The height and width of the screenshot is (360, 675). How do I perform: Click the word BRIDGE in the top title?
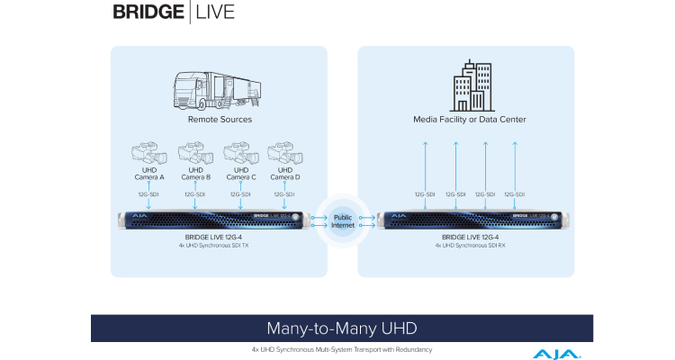pyautogui.click(x=149, y=13)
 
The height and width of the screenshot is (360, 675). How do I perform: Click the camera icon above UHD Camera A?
pyautogui.click(x=150, y=150)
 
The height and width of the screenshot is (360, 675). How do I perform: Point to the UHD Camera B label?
pyautogui.click(x=195, y=173)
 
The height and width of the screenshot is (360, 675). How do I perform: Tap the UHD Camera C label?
pyautogui.click(x=240, y=173)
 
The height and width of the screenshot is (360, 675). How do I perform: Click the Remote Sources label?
pyautogui.click(x=219, y=119)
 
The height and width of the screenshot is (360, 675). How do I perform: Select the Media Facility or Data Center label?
pyautogui.click(x=469, y=119)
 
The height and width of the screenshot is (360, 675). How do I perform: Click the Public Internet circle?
pyautogui.click(x=343, y=221)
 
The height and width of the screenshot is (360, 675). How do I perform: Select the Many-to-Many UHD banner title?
pyautogui.click(x=341, y=327)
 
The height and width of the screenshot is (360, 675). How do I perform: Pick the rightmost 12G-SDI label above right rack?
pyautogui.click(x=515, y=193)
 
